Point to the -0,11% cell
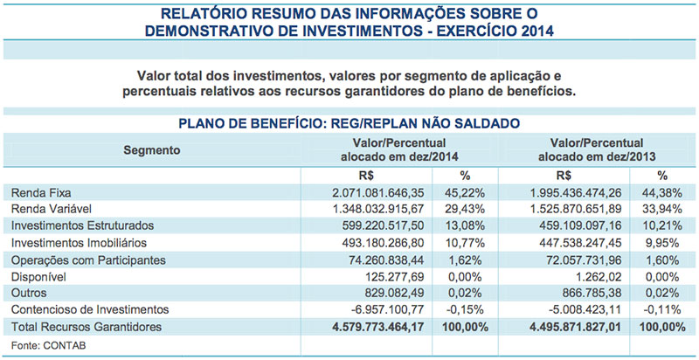click(x=664, y=309)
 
